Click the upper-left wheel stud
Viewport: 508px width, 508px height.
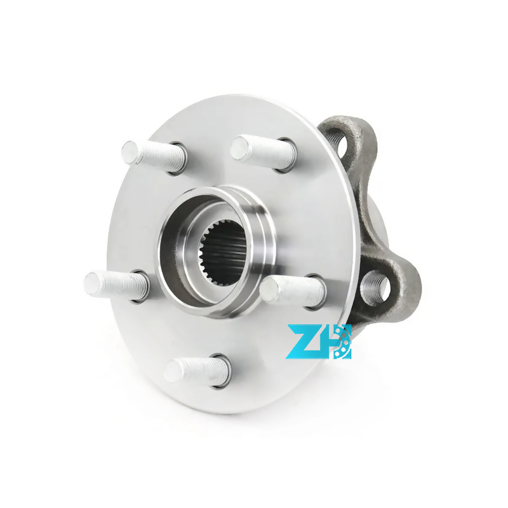tap(154, 156)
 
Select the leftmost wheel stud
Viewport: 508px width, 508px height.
tap(117, 287)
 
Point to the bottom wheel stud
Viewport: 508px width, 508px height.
tap(197, 370)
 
